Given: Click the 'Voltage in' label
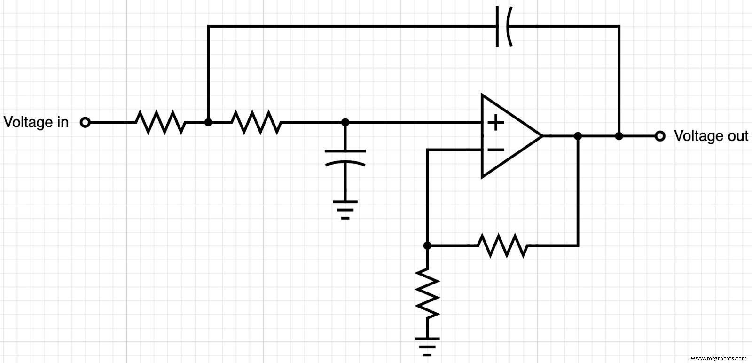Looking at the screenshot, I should coord(36,122).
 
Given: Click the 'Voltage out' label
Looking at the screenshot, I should coord(711,136).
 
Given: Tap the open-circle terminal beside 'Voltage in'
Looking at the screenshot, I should coord(85,123).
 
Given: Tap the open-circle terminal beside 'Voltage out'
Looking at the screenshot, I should coord(660,136).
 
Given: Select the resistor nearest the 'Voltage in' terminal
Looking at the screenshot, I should coord(161,122).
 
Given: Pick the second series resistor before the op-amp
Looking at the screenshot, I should coord(257,122).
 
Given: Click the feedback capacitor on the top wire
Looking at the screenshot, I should coord(503,27).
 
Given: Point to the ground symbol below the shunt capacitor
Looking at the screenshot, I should coord(345,209).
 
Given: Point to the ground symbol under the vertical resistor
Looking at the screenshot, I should coord(427,346).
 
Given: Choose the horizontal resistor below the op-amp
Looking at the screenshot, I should coord(502,245).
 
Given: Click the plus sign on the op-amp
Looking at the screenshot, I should coord(495,123).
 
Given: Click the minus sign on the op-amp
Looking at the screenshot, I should coord(495,150).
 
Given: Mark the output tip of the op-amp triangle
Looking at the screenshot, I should coord(542,136).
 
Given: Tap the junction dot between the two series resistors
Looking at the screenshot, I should coord(209,122).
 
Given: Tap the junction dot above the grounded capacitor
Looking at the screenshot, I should coord(345,122).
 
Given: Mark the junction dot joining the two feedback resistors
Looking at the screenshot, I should coord(427,245).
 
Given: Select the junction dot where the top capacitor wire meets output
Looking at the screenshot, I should coord(619,136).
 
